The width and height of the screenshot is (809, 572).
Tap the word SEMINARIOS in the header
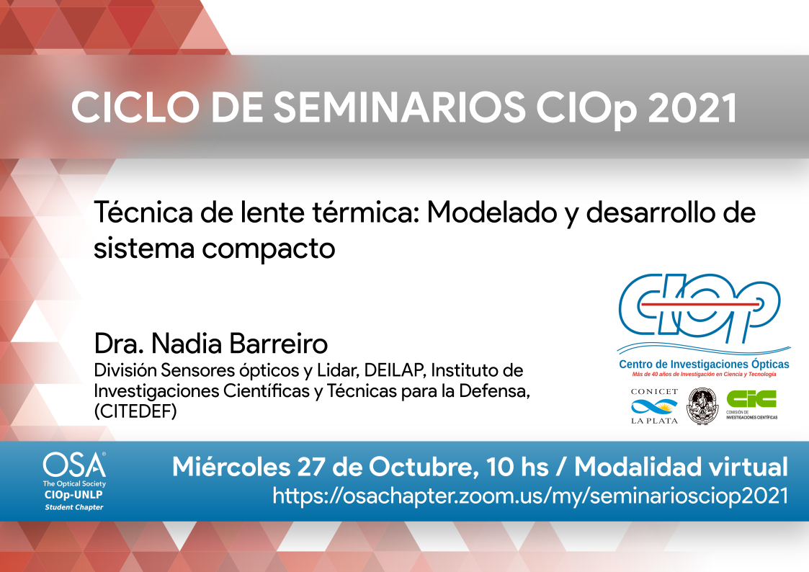(x=399, y=108)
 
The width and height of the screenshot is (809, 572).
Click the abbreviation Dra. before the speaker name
(x=119, y=344)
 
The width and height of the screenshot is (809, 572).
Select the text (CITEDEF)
(x=135, y=411)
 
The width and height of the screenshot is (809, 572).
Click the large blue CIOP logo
(x=700, y=308)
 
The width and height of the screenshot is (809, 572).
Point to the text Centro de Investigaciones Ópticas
(x=704, y=365)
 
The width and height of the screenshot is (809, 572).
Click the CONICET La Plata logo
(x=654, y=406)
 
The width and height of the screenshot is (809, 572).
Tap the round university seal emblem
(x=702, y=406)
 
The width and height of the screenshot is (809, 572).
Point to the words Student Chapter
(x=74, y=507)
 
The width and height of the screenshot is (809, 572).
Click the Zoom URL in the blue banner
(x=530, y=496)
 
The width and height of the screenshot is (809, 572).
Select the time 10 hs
(x=517, y=468)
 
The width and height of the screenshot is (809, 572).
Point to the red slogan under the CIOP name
(x=704, y=375)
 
